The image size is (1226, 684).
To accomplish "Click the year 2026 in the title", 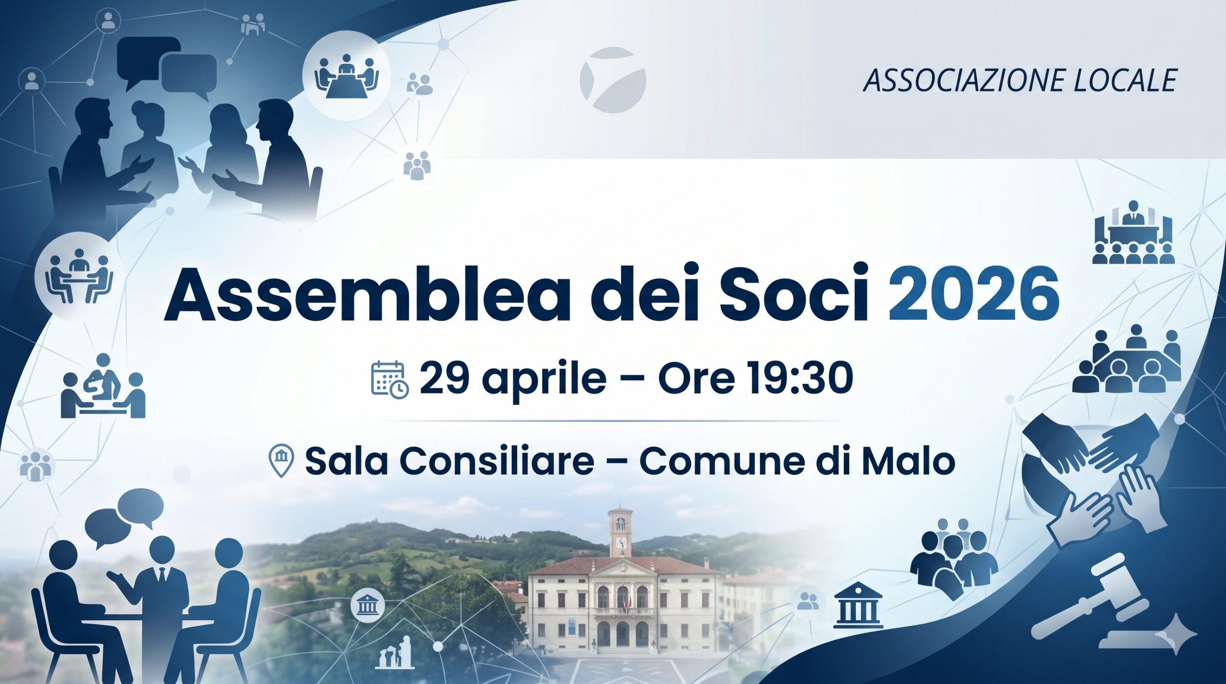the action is click(974, 294).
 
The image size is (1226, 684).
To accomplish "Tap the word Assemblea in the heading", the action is click(367, 292).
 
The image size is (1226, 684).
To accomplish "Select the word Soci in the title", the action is click(794, 292).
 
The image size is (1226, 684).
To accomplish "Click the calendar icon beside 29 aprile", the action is click(390, 380).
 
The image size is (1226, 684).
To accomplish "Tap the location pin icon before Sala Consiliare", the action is click(282, 460).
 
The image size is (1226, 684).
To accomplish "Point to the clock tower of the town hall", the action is click(621, 532).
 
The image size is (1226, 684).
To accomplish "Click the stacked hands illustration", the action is click(1092, 474).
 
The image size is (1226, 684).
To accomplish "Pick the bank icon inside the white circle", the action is click(367, 606).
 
